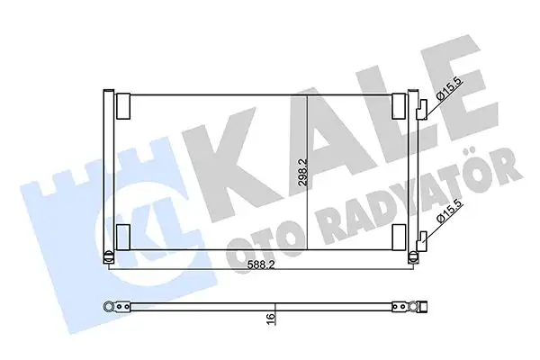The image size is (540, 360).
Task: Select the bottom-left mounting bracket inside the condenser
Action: coord(123,237)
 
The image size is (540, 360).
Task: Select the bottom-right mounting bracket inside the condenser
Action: coord(400,237)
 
